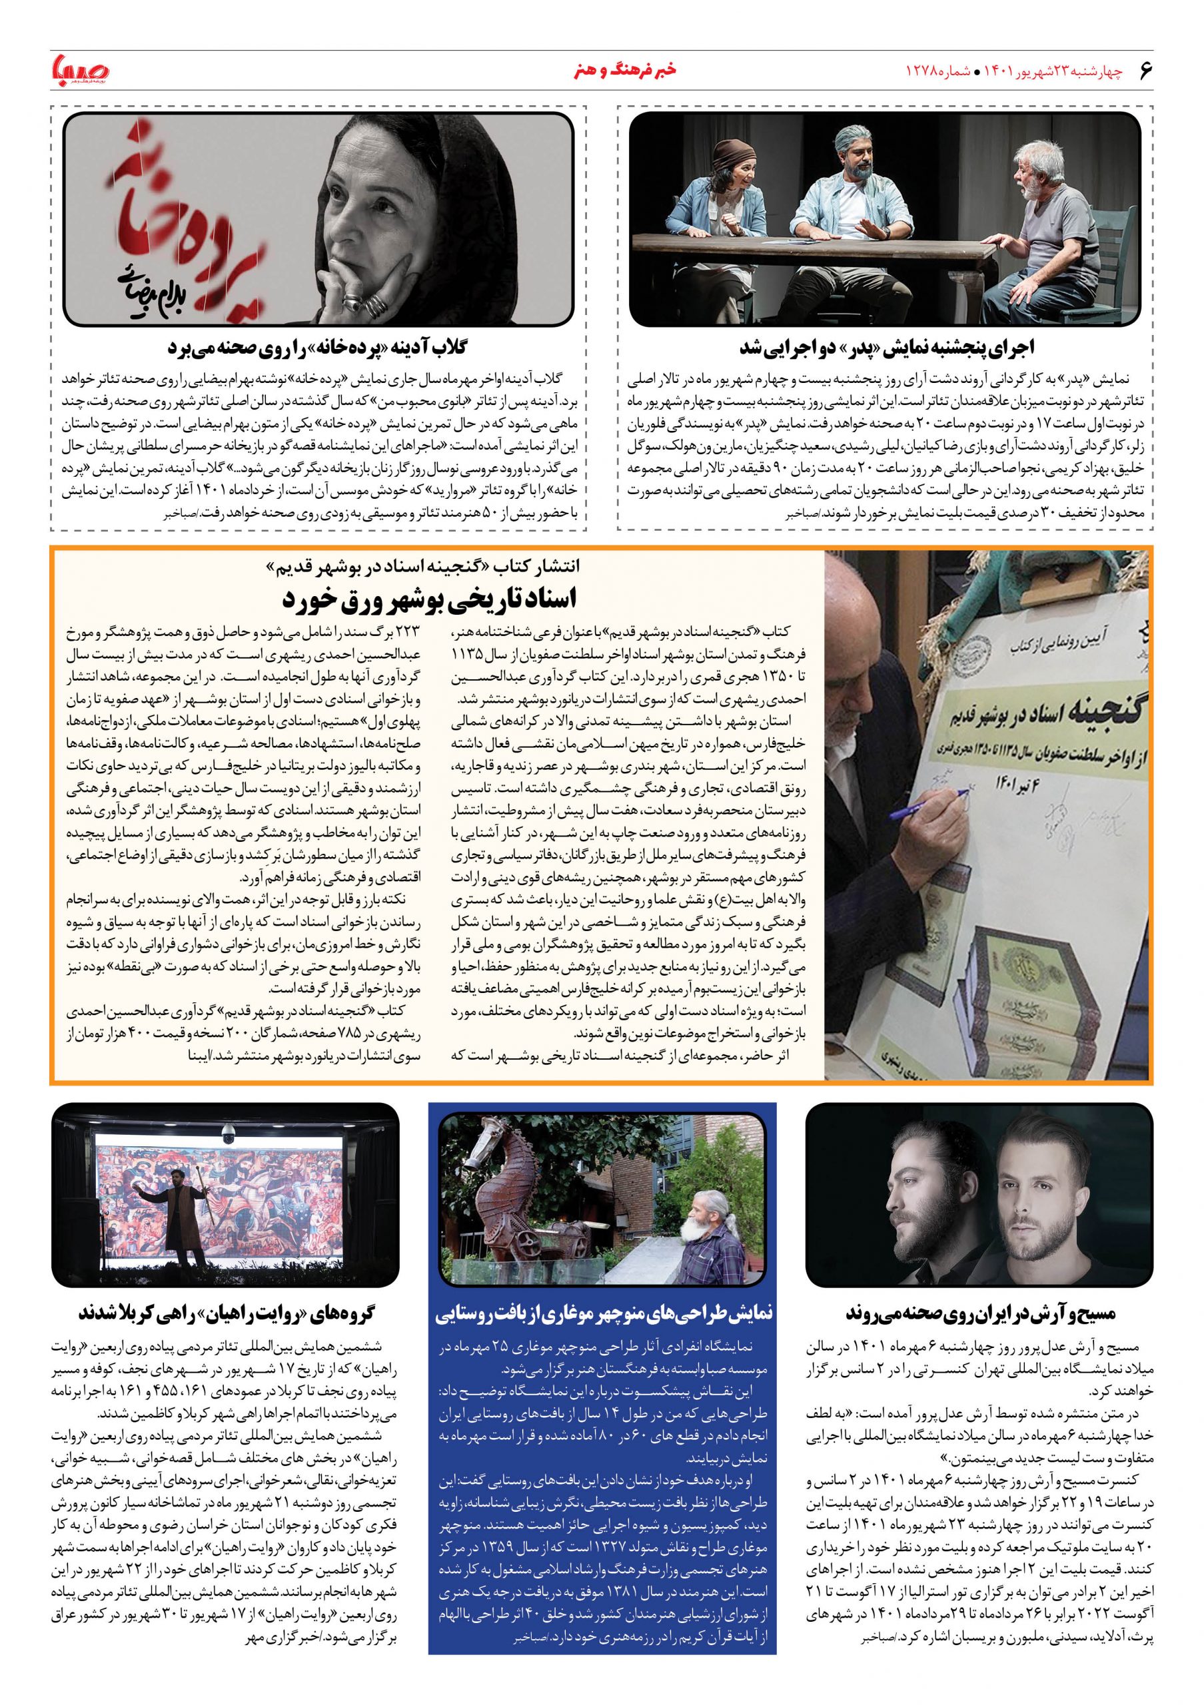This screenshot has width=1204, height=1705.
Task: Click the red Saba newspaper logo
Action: click(x=80, y=72)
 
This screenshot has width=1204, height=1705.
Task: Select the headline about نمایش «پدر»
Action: click(x=885, y=347)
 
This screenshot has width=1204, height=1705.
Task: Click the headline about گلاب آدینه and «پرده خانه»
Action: click(x=319, y=347)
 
